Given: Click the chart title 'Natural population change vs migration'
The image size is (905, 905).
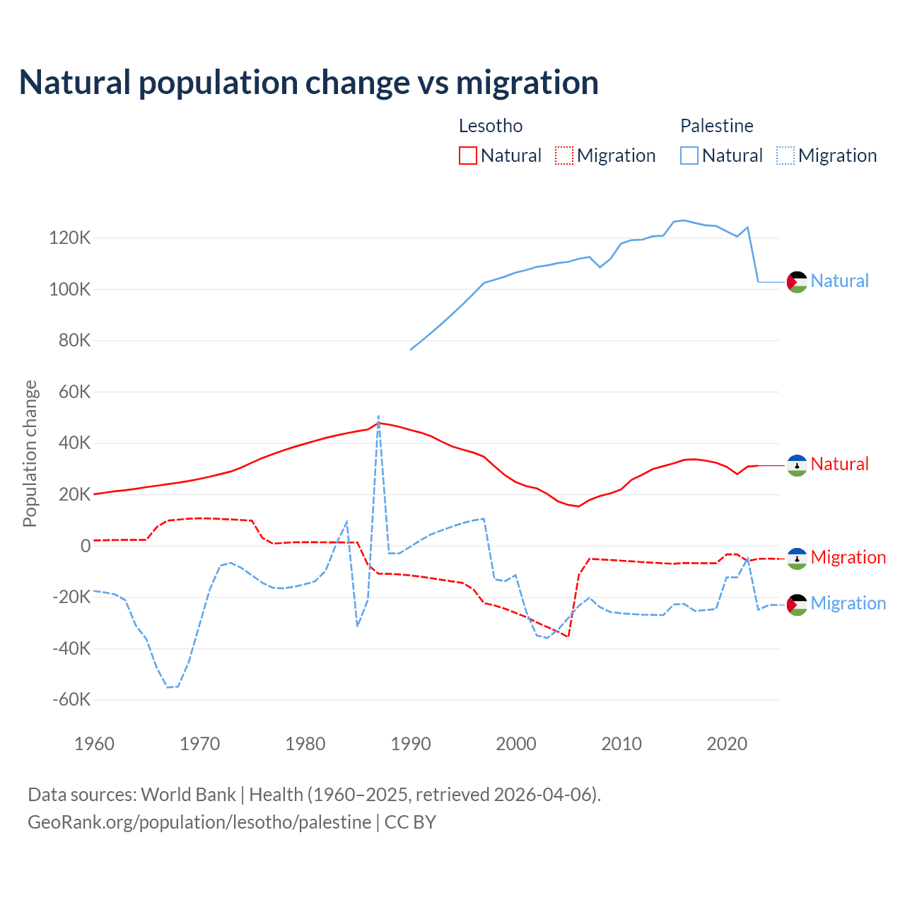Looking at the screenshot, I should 308,83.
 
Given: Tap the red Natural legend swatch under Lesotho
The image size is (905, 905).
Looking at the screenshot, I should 468,156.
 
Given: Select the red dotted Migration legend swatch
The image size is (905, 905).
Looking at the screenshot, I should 564,156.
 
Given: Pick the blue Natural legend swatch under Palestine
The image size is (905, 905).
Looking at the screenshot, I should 689,156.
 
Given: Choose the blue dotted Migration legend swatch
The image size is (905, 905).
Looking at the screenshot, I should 786,156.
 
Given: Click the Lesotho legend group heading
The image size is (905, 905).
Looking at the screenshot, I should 491,126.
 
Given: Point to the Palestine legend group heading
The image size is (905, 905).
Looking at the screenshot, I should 716,126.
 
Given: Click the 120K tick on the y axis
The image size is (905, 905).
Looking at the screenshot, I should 70,238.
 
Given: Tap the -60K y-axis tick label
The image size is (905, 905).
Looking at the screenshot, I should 71,700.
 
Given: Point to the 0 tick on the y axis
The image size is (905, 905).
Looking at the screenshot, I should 86,546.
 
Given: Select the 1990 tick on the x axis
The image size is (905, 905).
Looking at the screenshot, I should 411,744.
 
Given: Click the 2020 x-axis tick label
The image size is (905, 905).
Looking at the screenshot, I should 727,744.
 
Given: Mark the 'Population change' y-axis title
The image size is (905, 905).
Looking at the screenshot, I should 30,453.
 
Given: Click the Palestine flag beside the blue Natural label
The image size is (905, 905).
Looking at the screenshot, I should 797,282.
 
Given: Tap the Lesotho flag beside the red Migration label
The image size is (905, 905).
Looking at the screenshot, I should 797,559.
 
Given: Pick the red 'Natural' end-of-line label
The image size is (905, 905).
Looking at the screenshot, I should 839,465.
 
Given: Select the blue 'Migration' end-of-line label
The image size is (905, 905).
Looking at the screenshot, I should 848,604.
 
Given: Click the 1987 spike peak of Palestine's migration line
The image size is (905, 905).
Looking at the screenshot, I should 378,416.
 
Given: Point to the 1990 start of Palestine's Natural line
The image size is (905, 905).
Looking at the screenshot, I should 411,349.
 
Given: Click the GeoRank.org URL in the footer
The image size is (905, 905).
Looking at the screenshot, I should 199,822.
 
